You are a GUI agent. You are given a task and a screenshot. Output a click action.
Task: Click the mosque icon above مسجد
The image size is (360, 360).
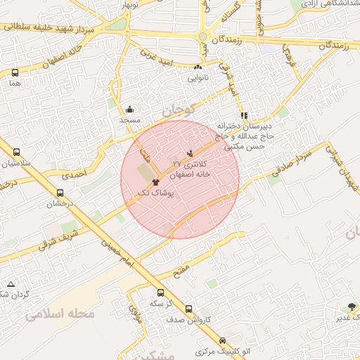coord(130,109)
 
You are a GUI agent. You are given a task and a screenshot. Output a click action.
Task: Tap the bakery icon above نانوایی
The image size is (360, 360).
coord(198,67)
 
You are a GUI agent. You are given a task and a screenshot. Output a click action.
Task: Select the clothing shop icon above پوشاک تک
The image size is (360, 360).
coord(155,181)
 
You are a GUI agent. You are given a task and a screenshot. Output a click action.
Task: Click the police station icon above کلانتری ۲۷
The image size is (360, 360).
coord(190,153)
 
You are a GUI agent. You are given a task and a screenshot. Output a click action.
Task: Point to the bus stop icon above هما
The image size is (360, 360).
coord(15,72)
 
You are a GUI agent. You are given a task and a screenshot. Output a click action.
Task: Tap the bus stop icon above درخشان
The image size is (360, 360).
coord(60,193)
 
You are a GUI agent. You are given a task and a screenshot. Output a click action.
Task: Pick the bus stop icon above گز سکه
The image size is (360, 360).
coord(160,292)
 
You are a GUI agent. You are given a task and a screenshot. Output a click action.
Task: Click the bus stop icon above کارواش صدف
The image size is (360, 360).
coord(188,309)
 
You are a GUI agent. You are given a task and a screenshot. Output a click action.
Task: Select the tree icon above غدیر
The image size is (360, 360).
coord(351,307)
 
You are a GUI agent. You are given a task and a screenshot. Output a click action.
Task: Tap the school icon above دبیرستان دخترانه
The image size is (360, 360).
coord(244,115)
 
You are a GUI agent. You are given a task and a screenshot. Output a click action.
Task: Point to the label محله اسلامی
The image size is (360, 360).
coord(60,314)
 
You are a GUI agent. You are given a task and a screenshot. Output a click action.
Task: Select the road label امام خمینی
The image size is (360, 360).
coord(111,247)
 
